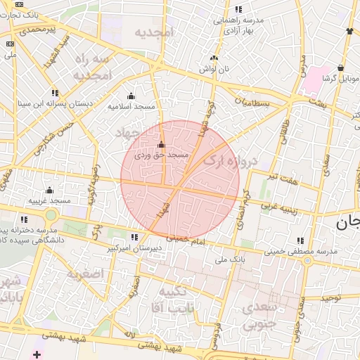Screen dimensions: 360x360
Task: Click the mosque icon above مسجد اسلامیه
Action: [131, 96]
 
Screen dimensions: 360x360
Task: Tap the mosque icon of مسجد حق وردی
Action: [161, 144]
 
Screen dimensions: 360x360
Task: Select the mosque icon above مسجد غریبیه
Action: [49, 190]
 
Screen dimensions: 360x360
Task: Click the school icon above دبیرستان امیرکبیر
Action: [134, 238]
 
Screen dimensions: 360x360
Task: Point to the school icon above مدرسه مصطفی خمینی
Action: [301, 240]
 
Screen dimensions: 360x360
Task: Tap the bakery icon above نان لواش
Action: [214, 58]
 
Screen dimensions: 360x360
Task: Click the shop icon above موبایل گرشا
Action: [340, 68]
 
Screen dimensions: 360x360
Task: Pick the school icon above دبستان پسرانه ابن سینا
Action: [55, 93]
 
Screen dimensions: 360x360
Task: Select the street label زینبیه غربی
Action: [280, 207]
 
